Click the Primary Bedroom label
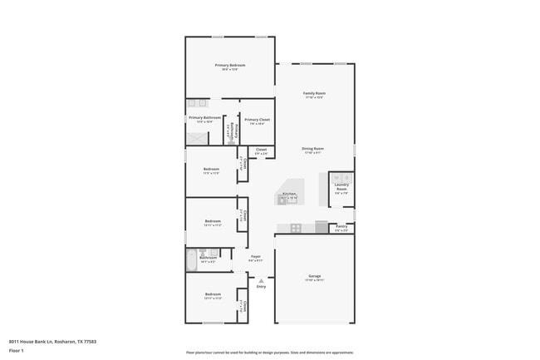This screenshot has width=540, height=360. click(x=230, y=65)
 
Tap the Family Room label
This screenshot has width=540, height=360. click(x=314, y=93)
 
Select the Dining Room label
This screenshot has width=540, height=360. click(x=313, y=149)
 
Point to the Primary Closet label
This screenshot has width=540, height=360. click(x=258, y=120)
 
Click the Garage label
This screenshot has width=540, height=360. click(x=314, y=276)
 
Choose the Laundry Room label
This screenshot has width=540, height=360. click(x=341, y=187)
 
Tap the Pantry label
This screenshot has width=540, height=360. click(x=341, y=225)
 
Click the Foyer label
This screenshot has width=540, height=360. click(x=256, y=257)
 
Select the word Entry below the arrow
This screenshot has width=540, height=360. click(x=261, y=287)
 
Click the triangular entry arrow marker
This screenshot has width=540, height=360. click(x=261, y=280)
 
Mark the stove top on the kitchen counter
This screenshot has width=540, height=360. click(x=295, y=227)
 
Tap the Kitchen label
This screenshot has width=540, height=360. click(x=288, y=194)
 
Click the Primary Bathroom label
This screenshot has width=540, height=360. click(x=204, y=117)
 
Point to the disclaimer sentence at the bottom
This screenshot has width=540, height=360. click(x=269, y=353)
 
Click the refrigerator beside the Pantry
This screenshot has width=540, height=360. click(x=322, y=226)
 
